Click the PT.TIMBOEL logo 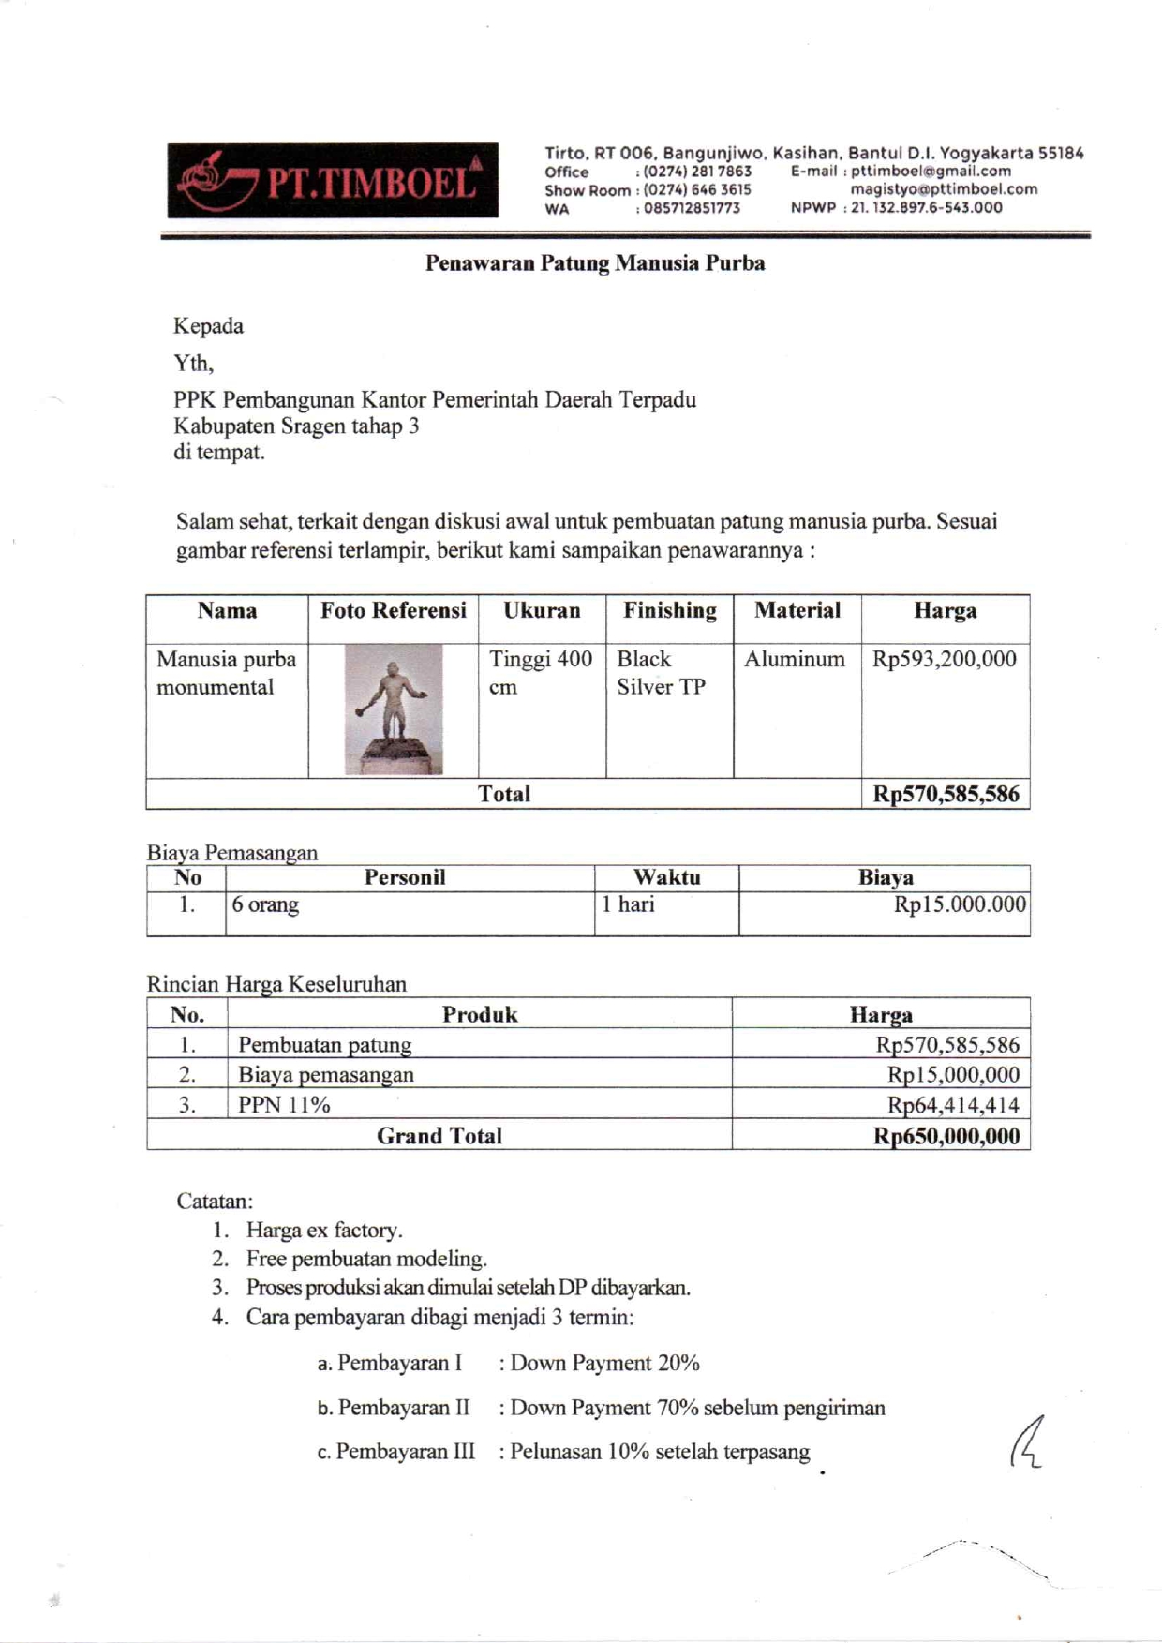pos(333,181)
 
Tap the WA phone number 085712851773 pos(692,209)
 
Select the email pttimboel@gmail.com pos(931,172)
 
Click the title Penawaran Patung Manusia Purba pos(595,263)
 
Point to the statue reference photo pos(394,709)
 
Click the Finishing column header pos(670,611)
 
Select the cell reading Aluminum pos(795,660)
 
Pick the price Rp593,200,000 pos(944,660)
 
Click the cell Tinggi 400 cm pos(541,673)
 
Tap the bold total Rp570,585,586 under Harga pos(946,795)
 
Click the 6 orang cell pos(266,905)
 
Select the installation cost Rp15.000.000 pos(960,905)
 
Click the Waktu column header pos(666,878)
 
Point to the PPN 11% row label pos(284,1105)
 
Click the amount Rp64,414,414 pos(953,1105)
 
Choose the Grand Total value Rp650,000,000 pos(946,1136)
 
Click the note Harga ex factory pos(324,1231)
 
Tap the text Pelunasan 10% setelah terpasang pos(660,1453)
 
